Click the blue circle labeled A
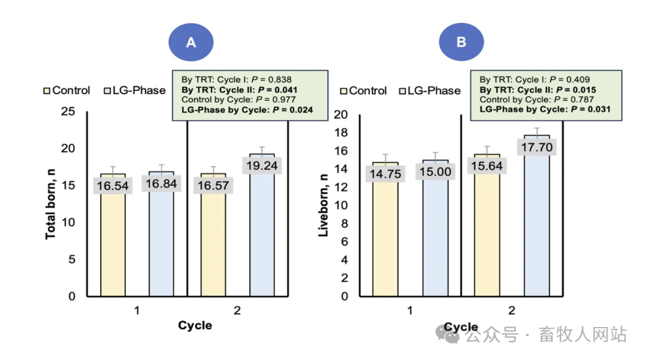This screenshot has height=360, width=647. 191,43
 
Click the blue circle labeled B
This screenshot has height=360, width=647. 461,43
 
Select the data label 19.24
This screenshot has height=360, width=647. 262,165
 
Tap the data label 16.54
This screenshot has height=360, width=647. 112,186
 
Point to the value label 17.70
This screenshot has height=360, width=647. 537,147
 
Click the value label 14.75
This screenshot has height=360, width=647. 385,173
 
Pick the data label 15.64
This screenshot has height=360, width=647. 486,166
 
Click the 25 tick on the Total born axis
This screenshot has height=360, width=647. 72,111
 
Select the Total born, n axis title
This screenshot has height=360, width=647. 51,204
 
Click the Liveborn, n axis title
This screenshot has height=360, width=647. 323,204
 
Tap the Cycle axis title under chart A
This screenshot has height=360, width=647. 195,325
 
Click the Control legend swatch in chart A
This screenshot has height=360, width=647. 47,90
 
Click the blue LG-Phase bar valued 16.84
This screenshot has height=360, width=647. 162,240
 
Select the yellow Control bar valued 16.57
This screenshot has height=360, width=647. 213,240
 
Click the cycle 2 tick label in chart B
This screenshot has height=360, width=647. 512,311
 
